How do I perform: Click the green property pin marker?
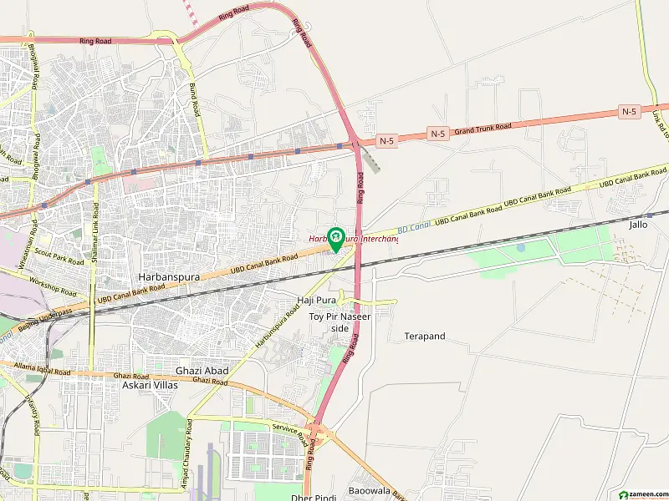pyautogui.click(x=336, y=239)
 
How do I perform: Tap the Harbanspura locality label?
pyautogui.click(x=164, y=276)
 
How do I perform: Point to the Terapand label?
pyautogui.click(x=425, y=336)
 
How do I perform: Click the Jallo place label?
pyautogui.click(x=638, y=225)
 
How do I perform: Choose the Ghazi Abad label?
pyautogui.click(x=202, y=371)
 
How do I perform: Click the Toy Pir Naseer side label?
pyautogui.click(x=340, y=322)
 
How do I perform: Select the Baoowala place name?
pyautogui.click(x=370, y=490)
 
